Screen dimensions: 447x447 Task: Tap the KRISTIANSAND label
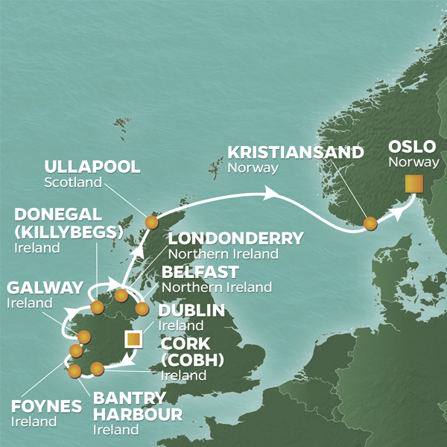coord(295,153)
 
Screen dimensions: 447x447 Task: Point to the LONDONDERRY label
coord(235,239)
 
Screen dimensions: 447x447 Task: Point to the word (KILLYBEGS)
coord(67,231)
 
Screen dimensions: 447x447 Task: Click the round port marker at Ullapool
coord(152,222)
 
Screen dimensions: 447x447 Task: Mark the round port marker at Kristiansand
coord(370,222)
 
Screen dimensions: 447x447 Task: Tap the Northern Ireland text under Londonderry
coord(223,255)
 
